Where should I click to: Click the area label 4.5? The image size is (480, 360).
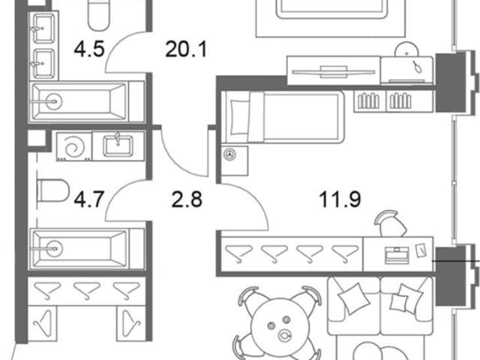[x=89, y=49]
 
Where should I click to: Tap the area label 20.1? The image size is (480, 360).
[x=186, y=49]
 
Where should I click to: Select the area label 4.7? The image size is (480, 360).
[x=90, y=199]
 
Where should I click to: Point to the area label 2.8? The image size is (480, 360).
[x=187, y=199]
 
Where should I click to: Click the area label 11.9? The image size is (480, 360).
[x=340, y=199]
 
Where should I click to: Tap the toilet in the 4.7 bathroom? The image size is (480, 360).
[x=52, y=190]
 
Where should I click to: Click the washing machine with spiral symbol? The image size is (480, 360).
[x=74, y=146]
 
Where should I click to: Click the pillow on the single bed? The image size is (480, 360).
[x=238, y=117]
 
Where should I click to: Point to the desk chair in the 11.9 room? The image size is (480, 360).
[x=391, y=223]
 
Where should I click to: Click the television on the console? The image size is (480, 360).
[x=334, y=72]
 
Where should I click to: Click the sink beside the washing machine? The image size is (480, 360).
[x=118, y=145]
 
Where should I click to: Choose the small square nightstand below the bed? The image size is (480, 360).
[x=235, y=160]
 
